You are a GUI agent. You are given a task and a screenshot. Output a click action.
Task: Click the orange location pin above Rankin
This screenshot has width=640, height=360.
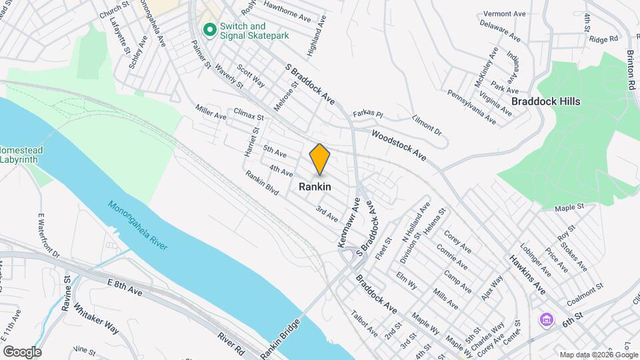pos(320,159)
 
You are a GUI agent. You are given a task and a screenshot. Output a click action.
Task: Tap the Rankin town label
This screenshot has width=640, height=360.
pos(315,187)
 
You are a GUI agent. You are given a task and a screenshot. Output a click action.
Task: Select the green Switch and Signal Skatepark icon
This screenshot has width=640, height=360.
pos(209,30)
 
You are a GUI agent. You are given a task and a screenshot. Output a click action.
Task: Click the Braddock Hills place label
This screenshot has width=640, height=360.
pos(545,101)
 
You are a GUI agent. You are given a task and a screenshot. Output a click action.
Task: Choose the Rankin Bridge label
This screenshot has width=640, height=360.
pos(277,337)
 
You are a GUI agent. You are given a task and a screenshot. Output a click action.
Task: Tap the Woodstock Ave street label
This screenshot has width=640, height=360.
pos(399,145)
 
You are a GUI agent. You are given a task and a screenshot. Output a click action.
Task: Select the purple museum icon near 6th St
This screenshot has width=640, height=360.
pos(547,320)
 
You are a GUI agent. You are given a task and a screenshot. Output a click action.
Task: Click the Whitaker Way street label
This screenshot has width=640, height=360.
pos(96,319)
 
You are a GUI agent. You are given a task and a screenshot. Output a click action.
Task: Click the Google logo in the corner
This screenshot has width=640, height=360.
pos(22,352)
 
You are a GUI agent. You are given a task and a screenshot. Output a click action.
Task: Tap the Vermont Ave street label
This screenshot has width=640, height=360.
pos(505,13)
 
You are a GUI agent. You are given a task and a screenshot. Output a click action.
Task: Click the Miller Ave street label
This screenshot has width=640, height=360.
pos(211,111)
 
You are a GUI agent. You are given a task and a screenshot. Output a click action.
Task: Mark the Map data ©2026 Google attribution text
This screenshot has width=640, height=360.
pos(599,355)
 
